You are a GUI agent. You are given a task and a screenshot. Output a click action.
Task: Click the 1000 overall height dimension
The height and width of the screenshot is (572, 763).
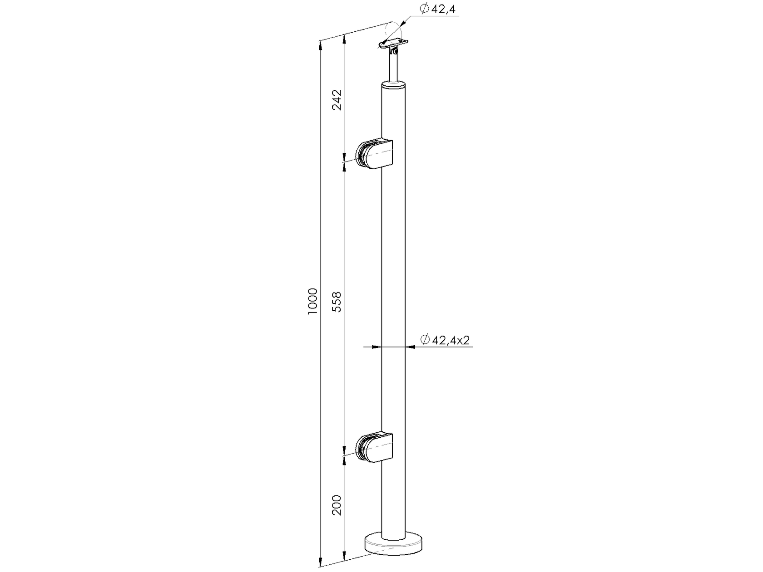coord(312,302)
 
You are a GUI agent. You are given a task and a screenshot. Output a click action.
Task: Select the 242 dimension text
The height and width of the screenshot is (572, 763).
coord(337,100)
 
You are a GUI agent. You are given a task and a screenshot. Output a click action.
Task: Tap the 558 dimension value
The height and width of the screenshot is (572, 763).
coord(337,302)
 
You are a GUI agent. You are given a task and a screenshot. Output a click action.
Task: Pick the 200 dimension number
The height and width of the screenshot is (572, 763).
coord(337,504)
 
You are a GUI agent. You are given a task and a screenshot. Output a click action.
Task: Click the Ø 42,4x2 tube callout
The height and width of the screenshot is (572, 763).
coord(445,340)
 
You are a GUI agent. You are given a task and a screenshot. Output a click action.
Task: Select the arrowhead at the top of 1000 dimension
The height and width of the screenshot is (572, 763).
coord(320,45)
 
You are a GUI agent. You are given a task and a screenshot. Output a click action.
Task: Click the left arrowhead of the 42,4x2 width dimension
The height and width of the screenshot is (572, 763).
coord(376,347)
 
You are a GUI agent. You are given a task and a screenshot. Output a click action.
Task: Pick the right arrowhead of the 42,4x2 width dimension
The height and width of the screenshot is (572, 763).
coord(410,347)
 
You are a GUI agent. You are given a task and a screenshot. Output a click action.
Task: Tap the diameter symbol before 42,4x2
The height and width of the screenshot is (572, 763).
coord(425,340)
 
